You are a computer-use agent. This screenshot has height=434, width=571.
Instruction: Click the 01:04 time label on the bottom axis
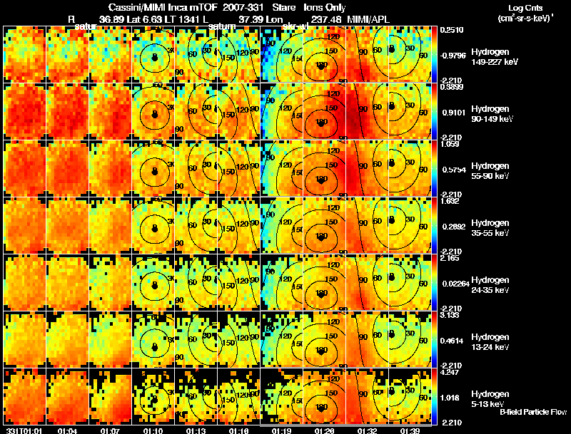68,430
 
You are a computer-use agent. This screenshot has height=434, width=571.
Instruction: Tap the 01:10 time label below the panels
154,430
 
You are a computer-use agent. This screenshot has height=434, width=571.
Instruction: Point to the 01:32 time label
368,430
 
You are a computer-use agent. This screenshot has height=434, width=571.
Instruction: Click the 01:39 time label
410,430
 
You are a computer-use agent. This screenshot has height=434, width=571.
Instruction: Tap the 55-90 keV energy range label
487,176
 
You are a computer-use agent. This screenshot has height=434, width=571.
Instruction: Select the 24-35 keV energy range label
487,290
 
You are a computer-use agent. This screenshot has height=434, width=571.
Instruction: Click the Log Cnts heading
515,8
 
